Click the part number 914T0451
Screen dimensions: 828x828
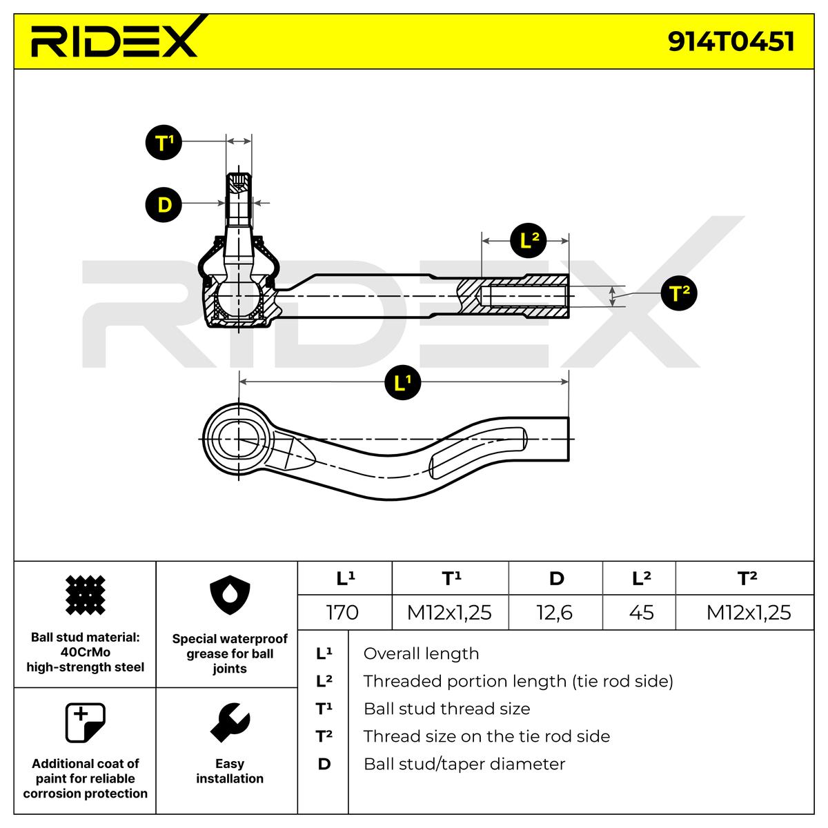[731, 41]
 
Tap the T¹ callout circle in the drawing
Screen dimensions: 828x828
[164, 144]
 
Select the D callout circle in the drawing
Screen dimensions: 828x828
[164, 204]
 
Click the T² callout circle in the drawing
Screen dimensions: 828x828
[679, 294]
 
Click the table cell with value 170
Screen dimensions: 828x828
[343, 612]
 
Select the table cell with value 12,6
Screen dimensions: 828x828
[555, 612]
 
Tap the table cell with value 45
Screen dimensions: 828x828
[641, 612]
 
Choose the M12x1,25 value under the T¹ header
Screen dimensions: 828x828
[449, 612]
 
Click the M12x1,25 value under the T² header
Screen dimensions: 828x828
[748, 612]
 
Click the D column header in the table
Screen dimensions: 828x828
[556, 578]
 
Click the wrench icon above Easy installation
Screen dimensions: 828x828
[230, 723]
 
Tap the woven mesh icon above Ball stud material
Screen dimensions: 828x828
[85, 595]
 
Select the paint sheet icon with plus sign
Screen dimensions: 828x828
[85, 722]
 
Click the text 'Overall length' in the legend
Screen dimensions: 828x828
[420, 653]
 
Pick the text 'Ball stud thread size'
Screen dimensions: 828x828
[446, 709]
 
